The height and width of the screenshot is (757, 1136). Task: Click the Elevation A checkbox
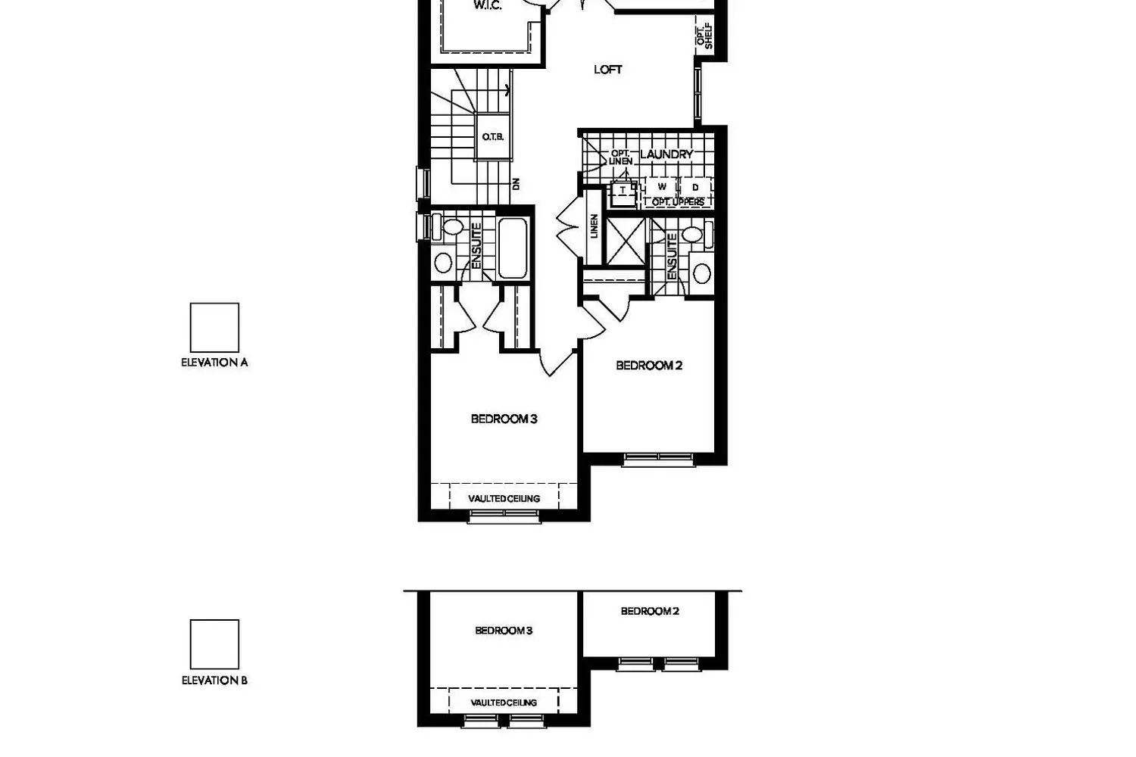pos(214,328)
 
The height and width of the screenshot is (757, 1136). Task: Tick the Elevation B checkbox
pos(214,644)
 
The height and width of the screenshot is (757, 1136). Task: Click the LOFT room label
pos(608,70)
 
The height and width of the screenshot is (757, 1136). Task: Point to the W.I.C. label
pos(488,5)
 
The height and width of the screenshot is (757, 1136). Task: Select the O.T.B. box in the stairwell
pos(493,137)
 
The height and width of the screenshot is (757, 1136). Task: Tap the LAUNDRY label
pos(666,154)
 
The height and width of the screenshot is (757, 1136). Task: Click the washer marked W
pos(662,186)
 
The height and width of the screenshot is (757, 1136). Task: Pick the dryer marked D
pos(695,187)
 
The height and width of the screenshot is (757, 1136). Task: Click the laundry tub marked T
pos(623,192)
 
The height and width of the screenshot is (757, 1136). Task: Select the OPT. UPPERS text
pos(678,202)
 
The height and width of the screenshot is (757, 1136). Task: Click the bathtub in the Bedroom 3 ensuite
pos(513,248)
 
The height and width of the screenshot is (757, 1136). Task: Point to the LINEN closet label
pos(595,226)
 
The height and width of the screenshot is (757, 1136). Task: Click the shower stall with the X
pos(626,241)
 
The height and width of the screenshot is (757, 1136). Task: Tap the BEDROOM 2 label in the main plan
pos(649,366)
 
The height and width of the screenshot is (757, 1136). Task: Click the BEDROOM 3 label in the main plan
pos(504,419)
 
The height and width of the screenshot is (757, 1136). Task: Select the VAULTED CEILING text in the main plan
pos(504,498)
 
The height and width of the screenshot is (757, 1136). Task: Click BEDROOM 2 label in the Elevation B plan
pos(650,612)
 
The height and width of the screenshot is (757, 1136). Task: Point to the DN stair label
pos(517,183)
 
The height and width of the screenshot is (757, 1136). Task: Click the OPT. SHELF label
pos(704,36)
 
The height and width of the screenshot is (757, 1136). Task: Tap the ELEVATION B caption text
pos(214,681)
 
